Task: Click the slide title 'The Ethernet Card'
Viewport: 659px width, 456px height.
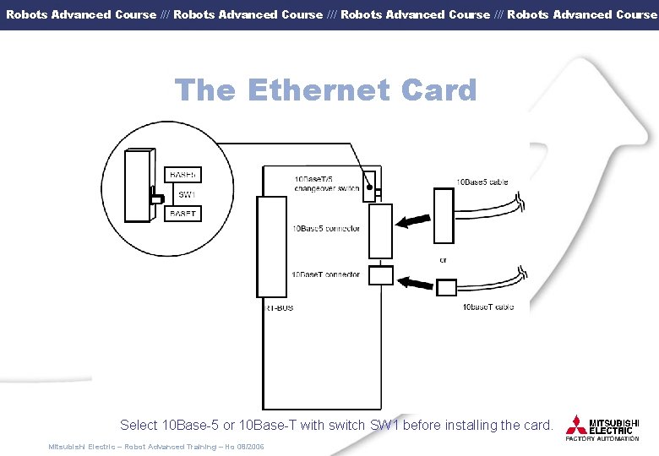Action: [325, 90]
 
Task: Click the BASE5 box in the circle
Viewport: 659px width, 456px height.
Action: [182, 175]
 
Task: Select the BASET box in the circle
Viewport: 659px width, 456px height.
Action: [182, 214]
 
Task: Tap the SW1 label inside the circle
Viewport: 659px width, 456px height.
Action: [186, 194]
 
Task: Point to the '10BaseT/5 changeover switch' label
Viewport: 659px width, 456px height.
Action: [326, 184]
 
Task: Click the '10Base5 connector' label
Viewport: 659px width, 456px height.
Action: [326, 229]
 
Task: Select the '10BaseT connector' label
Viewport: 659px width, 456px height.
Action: [326, 274]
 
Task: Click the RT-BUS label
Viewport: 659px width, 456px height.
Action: [280, 308]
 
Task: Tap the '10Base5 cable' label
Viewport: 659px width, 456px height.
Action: [482, 182]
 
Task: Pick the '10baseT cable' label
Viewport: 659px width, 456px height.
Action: [487, 307]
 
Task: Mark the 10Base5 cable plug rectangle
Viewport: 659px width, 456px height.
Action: [444, 214]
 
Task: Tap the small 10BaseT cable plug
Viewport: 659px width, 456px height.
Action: [446, 287]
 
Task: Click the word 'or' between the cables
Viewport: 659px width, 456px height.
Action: [444, 260]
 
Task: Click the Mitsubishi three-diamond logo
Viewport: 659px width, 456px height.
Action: [576, 425]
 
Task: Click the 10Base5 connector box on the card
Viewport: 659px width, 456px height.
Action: [381, 231]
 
